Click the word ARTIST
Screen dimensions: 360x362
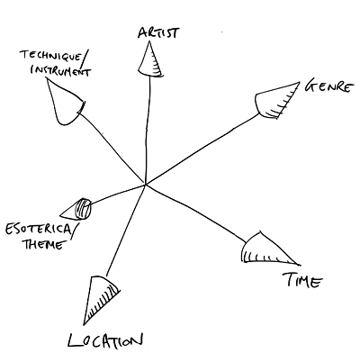pyautogui.click(x=158, y=32)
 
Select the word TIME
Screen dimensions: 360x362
pyautogui.click(x=303, y=281)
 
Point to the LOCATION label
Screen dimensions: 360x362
pyautogui.click(x=105, y=340)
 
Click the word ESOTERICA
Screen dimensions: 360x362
pyautogui.click(x=38, y=230)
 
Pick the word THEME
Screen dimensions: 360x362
pyautogui.click(x=44, y=244)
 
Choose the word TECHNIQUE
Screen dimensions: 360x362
pyautogui.click(x=50, y=56)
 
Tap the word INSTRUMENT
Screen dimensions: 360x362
pyautogui.click(x=60, y=71)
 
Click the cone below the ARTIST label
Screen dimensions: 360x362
pyautogui.click(x=149, y=59)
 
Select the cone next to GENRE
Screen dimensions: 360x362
pyautogui.click(x=274, y=101)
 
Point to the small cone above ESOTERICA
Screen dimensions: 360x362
pyautogui.click(x=76, y=209)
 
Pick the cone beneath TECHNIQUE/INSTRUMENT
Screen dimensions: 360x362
pyautogui.click(x=65, y=102)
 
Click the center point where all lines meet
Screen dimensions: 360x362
pyautogui.click(x=145, y=185)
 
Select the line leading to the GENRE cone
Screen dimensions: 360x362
pyautogui.click(x=202, y=149)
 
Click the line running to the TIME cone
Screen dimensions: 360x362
pyautogui.click(x=195, y=212)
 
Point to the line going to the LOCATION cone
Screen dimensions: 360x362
pyautogui.click(x=125, y=231)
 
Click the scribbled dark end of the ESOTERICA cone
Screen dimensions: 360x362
pyautogui.click(x=83, y=209)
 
